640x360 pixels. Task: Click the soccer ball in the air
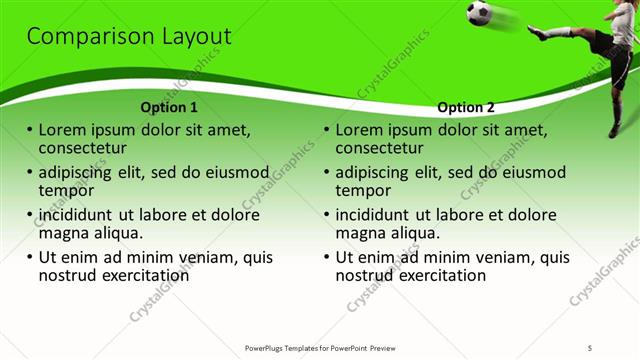[x=480, y=12]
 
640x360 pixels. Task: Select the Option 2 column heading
[x=466, y=107]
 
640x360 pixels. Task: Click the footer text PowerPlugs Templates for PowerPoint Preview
[x=320, y=347]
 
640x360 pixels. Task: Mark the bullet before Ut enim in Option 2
[x=326, y=256]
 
